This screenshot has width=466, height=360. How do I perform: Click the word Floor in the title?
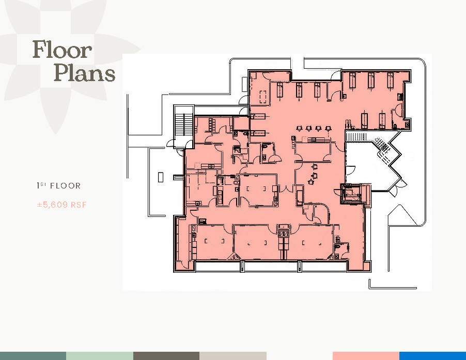[x=62, y=50]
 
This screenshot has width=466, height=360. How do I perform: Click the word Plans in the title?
[x=84, y=73]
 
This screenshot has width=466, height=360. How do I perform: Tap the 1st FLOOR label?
[x=58, y=185]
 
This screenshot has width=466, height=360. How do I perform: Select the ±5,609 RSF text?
[x=61, y=205]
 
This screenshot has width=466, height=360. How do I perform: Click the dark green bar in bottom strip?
[x=33, y=356]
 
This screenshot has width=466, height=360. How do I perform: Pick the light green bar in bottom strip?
[x=99, y=356]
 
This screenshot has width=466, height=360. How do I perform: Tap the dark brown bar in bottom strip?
[x=166, y=356]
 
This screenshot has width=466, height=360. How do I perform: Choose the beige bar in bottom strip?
[x=232, y=356]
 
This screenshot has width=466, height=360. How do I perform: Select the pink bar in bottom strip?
[x=366, y=356]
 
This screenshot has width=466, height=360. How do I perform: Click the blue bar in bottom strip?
[x=432, y=356]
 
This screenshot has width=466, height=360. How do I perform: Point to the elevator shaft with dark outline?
[x=354, y=194]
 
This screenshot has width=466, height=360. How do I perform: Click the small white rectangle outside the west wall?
[x=161, y=177]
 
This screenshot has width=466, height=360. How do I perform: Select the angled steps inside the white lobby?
[x=383, y=144]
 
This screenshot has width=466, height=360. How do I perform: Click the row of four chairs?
[x=313, y=129]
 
